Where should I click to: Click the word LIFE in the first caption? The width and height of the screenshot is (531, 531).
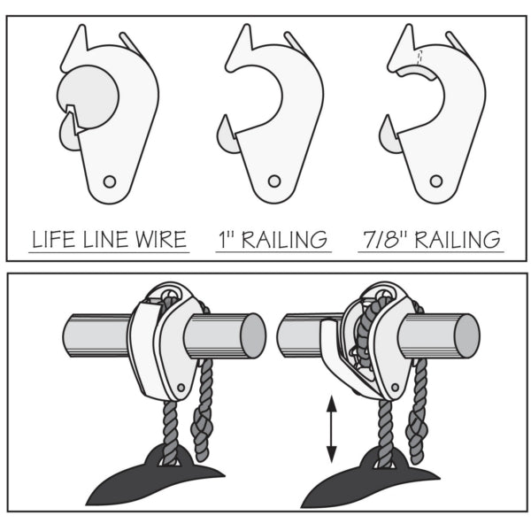[x=54, y=239]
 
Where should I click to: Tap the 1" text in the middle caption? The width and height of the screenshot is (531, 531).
[x=227, y=239]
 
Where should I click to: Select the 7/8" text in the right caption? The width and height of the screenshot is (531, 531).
[x=384, y=239]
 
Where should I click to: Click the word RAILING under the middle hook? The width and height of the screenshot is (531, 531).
[x=284, y=240]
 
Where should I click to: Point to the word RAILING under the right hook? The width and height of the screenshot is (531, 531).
[x=458, y=240]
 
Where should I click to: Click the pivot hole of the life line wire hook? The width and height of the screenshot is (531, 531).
[x=110, y=181]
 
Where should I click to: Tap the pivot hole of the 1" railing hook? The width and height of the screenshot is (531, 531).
[x=274, y=181]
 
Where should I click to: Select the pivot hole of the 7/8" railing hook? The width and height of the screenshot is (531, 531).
[x=435, y=181]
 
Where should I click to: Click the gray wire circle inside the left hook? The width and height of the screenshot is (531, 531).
[x=88, y=96]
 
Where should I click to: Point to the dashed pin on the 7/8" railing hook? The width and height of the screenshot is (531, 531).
[x=419, y=58]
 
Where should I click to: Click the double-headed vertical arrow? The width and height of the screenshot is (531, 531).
[x=331, y=429]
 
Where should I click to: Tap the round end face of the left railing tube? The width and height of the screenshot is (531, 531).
[x=252, y=336]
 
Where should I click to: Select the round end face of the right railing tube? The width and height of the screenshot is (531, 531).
[x=466, y=336]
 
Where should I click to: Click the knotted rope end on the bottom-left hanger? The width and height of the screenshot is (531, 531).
[x=203, y=429]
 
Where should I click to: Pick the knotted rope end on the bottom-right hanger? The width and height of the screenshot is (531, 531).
[x=417, y=433]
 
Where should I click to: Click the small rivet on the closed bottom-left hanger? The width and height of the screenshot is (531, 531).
[x=181, y=388]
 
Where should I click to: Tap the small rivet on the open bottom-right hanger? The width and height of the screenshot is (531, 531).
[x=395, y=388]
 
